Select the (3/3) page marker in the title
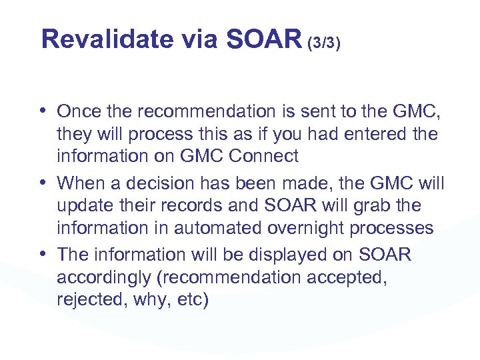click(x=324, y=43)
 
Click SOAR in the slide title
click(x=264, y=40)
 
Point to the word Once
click(x=79, y=111)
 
